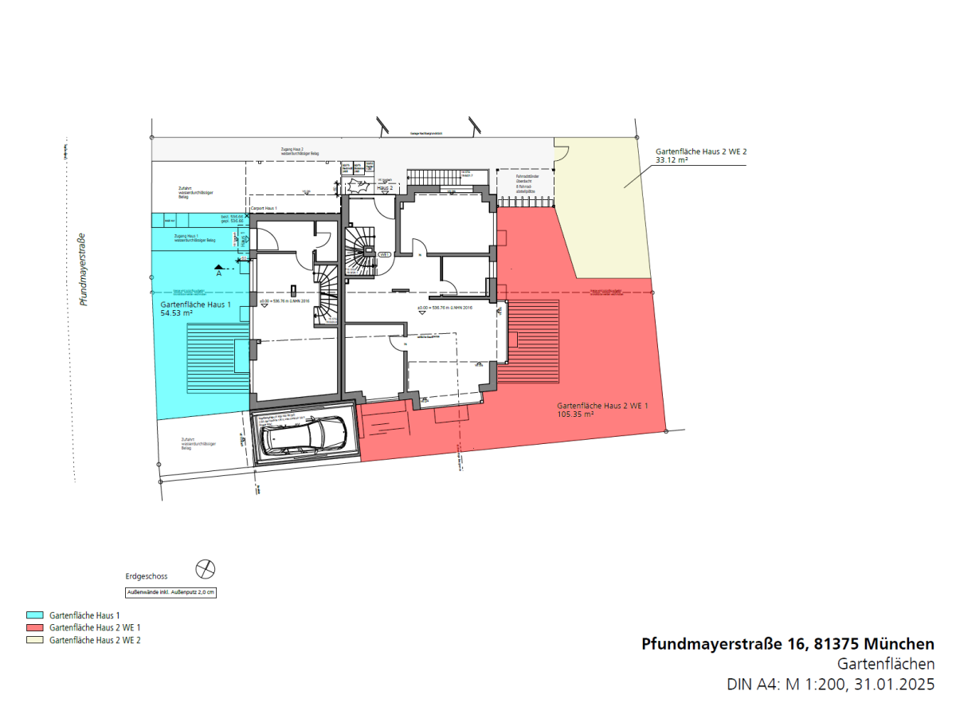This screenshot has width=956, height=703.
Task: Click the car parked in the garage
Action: pos(303,436)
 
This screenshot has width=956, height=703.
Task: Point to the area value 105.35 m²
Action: pos(575,414)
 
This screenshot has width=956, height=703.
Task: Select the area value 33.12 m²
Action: pos(672,159)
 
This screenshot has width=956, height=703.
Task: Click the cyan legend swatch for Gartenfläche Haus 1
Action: pos(34,616)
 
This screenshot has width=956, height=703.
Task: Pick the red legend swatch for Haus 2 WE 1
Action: pos(34,628)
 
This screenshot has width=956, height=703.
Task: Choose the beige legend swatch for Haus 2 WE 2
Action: pos(34,640)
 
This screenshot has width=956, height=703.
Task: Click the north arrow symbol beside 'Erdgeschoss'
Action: pos(206,569)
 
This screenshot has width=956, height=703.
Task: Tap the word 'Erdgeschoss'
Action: pos(147,575)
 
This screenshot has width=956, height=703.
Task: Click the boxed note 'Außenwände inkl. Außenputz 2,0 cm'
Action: pos(170,592)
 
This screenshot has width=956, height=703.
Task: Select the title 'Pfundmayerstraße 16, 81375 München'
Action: pos(788,644)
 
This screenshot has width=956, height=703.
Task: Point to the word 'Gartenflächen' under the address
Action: pos(886,664)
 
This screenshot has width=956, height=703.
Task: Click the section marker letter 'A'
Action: pos(219,273)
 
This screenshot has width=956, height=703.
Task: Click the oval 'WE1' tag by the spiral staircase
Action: pos(383,254)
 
